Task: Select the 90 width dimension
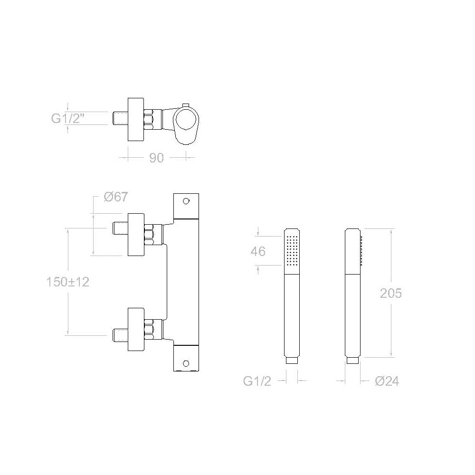click(156, 158)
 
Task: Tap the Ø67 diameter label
click(116, 197)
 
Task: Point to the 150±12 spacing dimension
click(67, 282)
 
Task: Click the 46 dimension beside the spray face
click(258, 251)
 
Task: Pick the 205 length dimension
click(391, 293)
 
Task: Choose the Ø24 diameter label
click(387, 381)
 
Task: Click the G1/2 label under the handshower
click(257, 381)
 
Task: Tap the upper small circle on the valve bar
click(186, 201)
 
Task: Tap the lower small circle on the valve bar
click(186, 363)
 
